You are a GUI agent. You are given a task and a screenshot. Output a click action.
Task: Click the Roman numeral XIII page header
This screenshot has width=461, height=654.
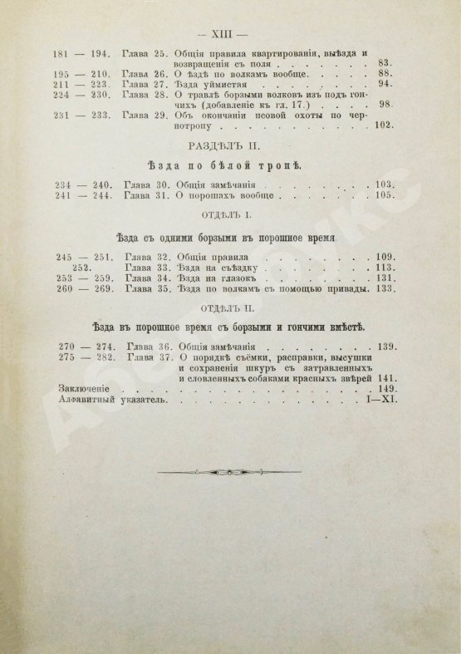pyautogui.click(x=231, y=34)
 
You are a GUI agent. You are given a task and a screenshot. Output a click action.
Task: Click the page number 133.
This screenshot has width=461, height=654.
pyautogui.click(x=383, y=290)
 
